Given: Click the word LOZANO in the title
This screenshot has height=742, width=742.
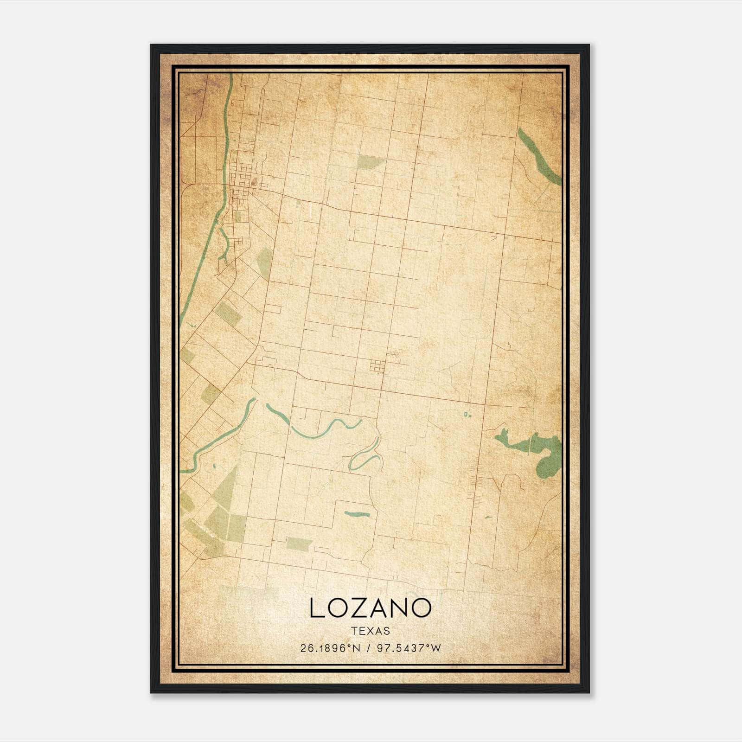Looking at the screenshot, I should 370,608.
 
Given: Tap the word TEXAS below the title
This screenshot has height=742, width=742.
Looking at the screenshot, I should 371,631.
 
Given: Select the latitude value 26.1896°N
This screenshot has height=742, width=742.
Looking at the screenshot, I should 330,648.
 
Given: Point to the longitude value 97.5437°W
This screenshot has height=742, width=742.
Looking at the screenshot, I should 409,648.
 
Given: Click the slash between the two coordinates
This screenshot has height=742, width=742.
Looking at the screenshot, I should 369,648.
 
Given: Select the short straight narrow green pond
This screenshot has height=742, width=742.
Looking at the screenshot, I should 357,514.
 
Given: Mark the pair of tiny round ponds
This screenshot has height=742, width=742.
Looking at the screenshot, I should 468,414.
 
